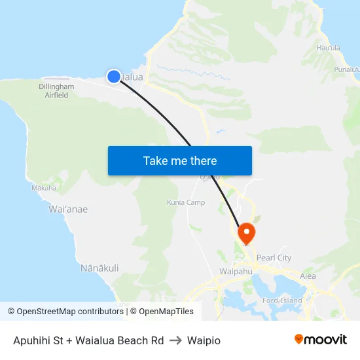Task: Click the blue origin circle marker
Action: pyautogui.click(x=114, y=77)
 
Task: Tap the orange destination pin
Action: pyautogui.click(x=247, y=232)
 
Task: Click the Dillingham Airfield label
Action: pyautogui.click(x=56, y=90)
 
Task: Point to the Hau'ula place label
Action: pyautogui.click(x=328, y=48)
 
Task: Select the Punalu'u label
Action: pyautogui.click(x=347, y=69)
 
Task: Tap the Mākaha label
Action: pyautogui.click(x=44, y=188)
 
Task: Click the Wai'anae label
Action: pyautogui.click(x=68, y=209)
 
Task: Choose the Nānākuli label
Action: pyautogui.click(x=99, y=268)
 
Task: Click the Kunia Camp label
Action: pyautogui.click(x=186, y=202)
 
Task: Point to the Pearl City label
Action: pyautogui.click(x=274, y=258)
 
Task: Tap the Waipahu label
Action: pyautogui.click(x=236, y=271)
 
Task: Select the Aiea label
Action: pyautogui.click(x=308, y=276)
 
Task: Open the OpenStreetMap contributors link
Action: pyautogui.click(x=65, y=312)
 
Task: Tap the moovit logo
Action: pyautogui.click(x=321, y=339)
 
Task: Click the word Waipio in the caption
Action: pyautogui.click(x=204, y=340)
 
